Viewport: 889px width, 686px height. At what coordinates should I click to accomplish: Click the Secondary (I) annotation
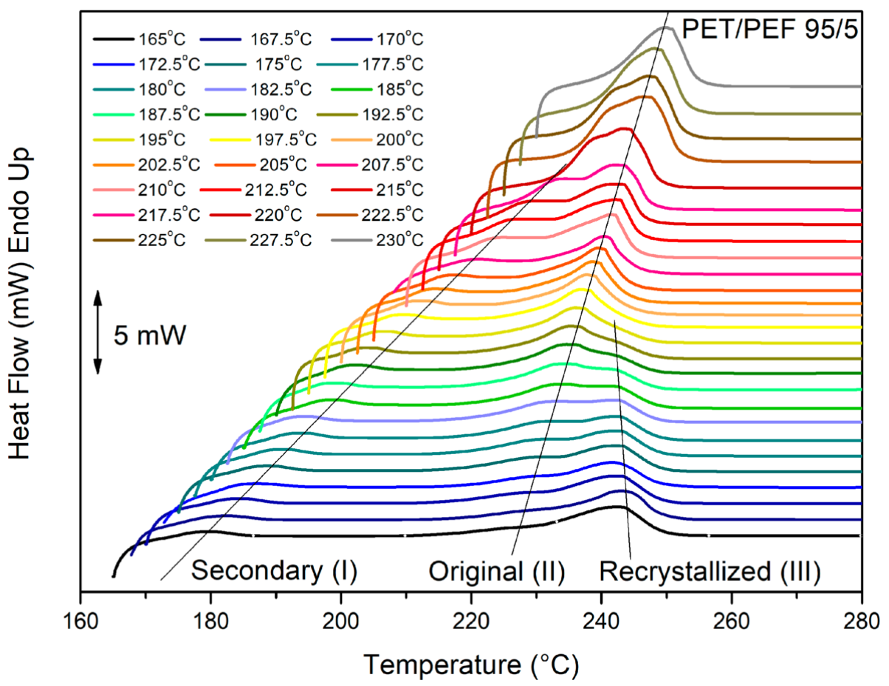coord(275,571)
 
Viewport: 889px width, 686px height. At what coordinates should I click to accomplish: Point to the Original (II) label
coord(497,571)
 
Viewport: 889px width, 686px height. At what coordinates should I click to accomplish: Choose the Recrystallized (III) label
coord(709,571)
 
